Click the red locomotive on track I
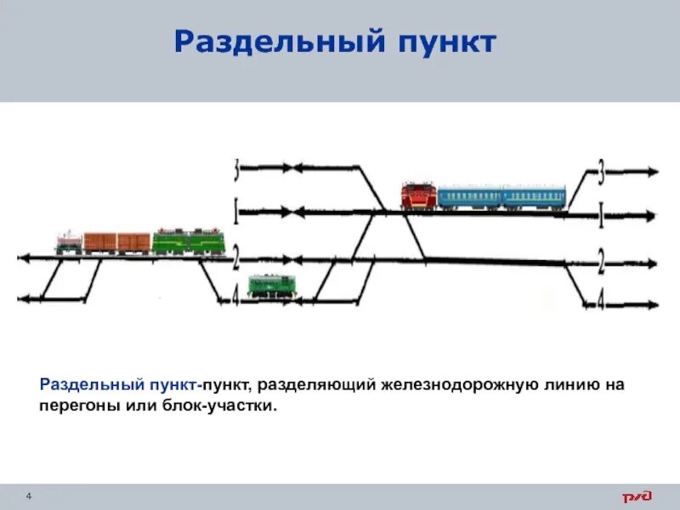click(418, 195)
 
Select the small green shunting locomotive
click(271, 286)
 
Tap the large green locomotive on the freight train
click(188, 241)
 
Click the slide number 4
click(29, 496)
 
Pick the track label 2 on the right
click(601, 263)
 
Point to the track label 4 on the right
click(601, 302)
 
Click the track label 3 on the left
click(235, 170)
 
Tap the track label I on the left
click(235, 210)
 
